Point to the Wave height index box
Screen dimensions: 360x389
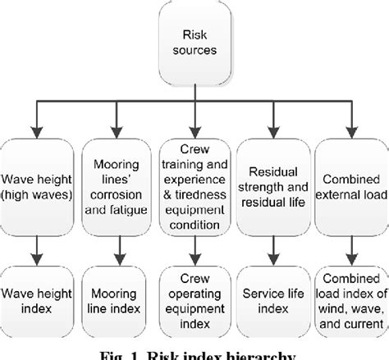click(x=39, y=299)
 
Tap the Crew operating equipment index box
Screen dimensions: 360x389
click(x=194, y=299)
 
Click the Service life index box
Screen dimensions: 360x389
click(x=272, y=299)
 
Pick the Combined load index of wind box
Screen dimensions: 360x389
click(x=350, y=299)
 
